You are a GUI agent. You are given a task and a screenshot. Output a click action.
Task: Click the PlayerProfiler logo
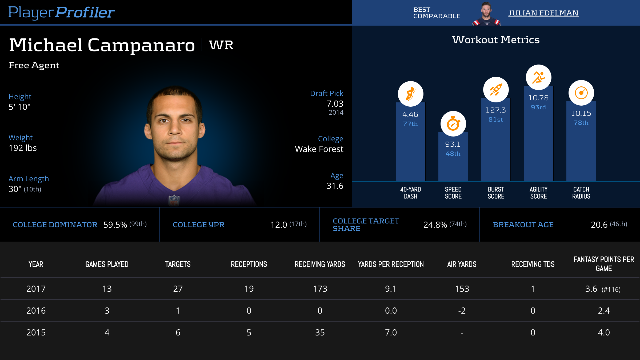pos(61,12)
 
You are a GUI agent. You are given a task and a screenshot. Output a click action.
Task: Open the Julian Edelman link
pos(543,13)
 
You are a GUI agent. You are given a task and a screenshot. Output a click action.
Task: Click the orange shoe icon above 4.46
pos(410,94)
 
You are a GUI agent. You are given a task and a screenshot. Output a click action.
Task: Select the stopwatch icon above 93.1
pos(453,124)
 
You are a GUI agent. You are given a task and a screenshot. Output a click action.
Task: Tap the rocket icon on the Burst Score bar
pos(496,90)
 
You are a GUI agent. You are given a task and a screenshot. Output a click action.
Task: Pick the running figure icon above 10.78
pos(538,77)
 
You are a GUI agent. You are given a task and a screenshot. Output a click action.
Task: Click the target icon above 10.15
pos(581,93)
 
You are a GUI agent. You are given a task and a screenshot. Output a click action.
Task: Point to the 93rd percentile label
pos(538,107)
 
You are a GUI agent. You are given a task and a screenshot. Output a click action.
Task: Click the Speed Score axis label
pos(453,193)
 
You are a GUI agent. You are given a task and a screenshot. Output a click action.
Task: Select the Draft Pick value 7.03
pos(335,104)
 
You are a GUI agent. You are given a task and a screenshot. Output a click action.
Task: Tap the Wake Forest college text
pos(319,149)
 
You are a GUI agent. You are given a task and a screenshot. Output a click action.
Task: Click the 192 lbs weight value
pos(23,148)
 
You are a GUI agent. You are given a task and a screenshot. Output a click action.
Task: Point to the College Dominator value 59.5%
pos(115,225)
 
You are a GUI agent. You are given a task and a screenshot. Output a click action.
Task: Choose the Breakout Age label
pos(523,225)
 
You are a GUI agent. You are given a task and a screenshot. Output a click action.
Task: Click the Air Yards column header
pos(462,264)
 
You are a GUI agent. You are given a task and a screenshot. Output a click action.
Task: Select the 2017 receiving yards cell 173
pos(320,289)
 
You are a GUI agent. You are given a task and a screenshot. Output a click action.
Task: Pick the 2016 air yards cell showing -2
pos(462,311)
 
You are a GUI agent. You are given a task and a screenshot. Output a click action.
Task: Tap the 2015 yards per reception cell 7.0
pos(391,333)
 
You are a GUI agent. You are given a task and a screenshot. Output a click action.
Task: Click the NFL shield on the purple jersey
pos(174,200)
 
